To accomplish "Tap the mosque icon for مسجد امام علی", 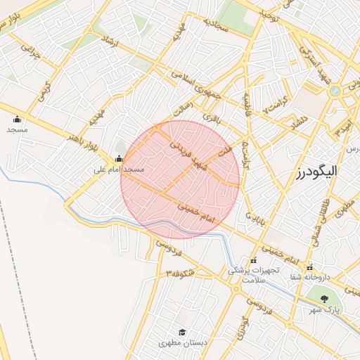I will (x=118, y=158).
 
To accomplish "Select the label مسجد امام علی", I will (x=120, y=170).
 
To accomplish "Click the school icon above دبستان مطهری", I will (x=181, y=333).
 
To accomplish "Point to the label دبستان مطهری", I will (x=181, y=343).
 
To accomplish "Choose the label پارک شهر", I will (x=325, y=309).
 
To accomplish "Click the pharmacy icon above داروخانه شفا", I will (x=309, y=266).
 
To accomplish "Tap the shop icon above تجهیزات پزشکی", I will (x=253, y=261).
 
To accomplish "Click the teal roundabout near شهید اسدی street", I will (x=335, y=91).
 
